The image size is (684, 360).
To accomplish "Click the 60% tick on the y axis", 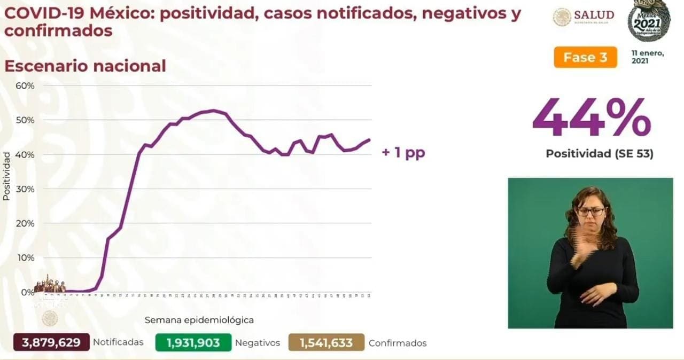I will click(26, 85).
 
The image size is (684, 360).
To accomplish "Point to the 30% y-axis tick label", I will click(26, 189).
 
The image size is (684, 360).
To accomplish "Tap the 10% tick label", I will click(26, 257).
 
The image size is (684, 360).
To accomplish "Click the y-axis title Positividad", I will click(6, 176).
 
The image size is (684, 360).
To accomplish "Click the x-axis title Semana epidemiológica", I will click(199, 320).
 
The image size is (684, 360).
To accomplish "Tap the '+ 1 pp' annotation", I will click(403, 153).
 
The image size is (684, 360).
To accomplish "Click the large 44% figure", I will click(592, 118).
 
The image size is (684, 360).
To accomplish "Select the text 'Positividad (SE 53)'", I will click(599, 154).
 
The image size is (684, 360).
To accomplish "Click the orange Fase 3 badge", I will click(585, 58).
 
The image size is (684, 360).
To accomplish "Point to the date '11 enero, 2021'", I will click(647, 57).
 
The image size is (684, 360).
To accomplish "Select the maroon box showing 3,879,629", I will click(52, 342).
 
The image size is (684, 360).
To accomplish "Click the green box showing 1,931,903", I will click(193, 342).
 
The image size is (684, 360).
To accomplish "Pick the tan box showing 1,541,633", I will click(326, 342).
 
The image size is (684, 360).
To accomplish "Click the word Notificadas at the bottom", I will click(118, 342).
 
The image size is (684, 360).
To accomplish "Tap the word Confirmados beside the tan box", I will click(398, 343).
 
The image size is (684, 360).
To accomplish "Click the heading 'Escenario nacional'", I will click(85, 66).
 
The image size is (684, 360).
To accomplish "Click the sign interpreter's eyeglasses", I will click(590, 212).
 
